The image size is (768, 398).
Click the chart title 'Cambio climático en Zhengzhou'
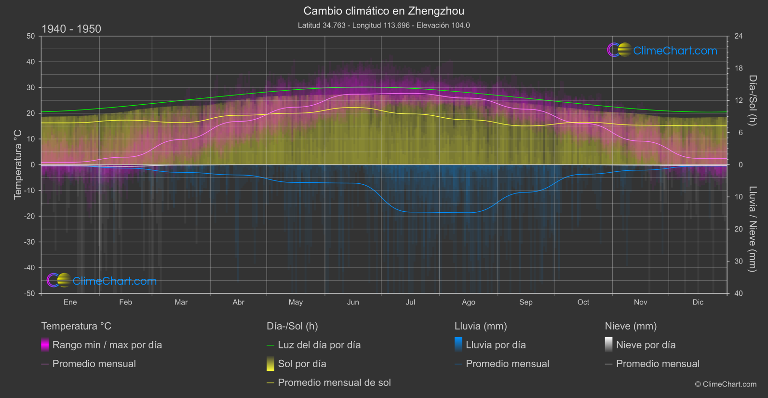384,11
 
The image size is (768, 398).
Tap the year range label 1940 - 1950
71,29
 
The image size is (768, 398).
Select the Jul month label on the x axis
410,302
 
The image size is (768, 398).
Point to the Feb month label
125,302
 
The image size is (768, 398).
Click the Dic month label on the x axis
698,302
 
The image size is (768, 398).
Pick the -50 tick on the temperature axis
30,293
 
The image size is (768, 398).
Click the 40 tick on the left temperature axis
30,62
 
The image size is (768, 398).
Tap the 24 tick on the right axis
738,36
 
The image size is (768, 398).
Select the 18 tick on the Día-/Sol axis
738,69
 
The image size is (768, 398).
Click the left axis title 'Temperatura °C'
18,165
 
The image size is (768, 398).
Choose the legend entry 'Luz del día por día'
319,345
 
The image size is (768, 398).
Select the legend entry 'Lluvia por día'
495,345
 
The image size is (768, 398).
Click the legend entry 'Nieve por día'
646,345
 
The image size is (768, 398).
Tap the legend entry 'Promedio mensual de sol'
334,383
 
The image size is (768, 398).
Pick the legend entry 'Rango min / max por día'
107,345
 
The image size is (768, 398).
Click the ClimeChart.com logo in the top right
662,50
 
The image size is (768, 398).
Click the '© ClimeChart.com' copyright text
726,384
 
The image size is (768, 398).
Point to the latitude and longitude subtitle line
384,25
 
